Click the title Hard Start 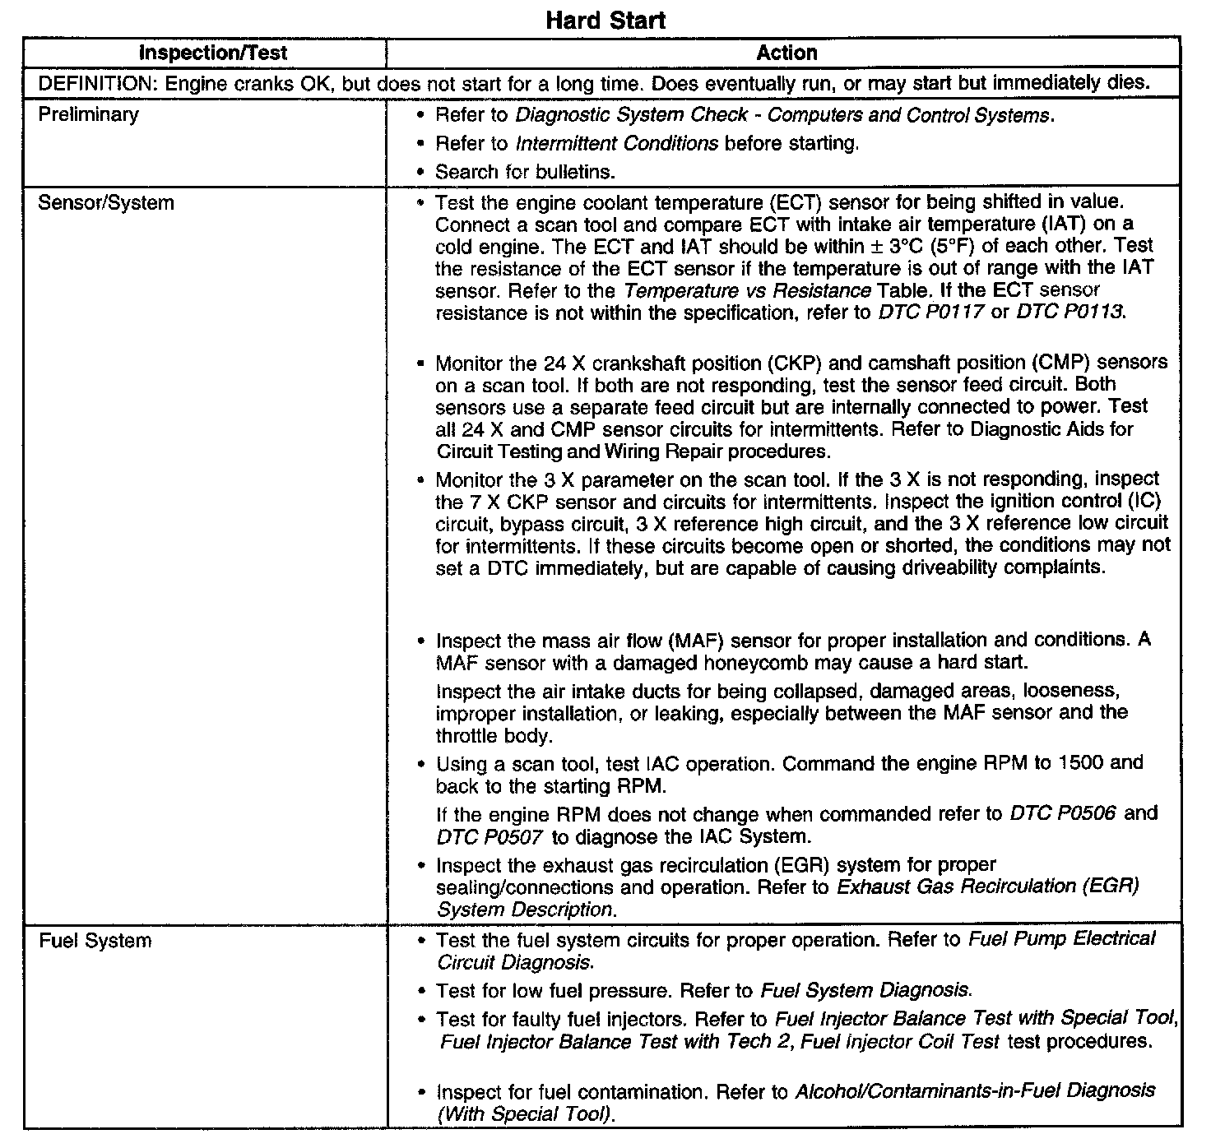(x=605, y=20)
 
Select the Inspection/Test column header (x=213, y=53)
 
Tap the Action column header (x=786, y=53)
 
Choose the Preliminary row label (x=89, y=114)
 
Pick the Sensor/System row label (x=106, y=202)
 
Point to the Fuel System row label (x=95, y=940)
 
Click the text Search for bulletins (x=526, y=172)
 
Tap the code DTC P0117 (x=931, y=313)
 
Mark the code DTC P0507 (x=490, y=837)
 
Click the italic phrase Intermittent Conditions (x=616, y=144)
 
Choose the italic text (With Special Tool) (x=527, y=1114)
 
